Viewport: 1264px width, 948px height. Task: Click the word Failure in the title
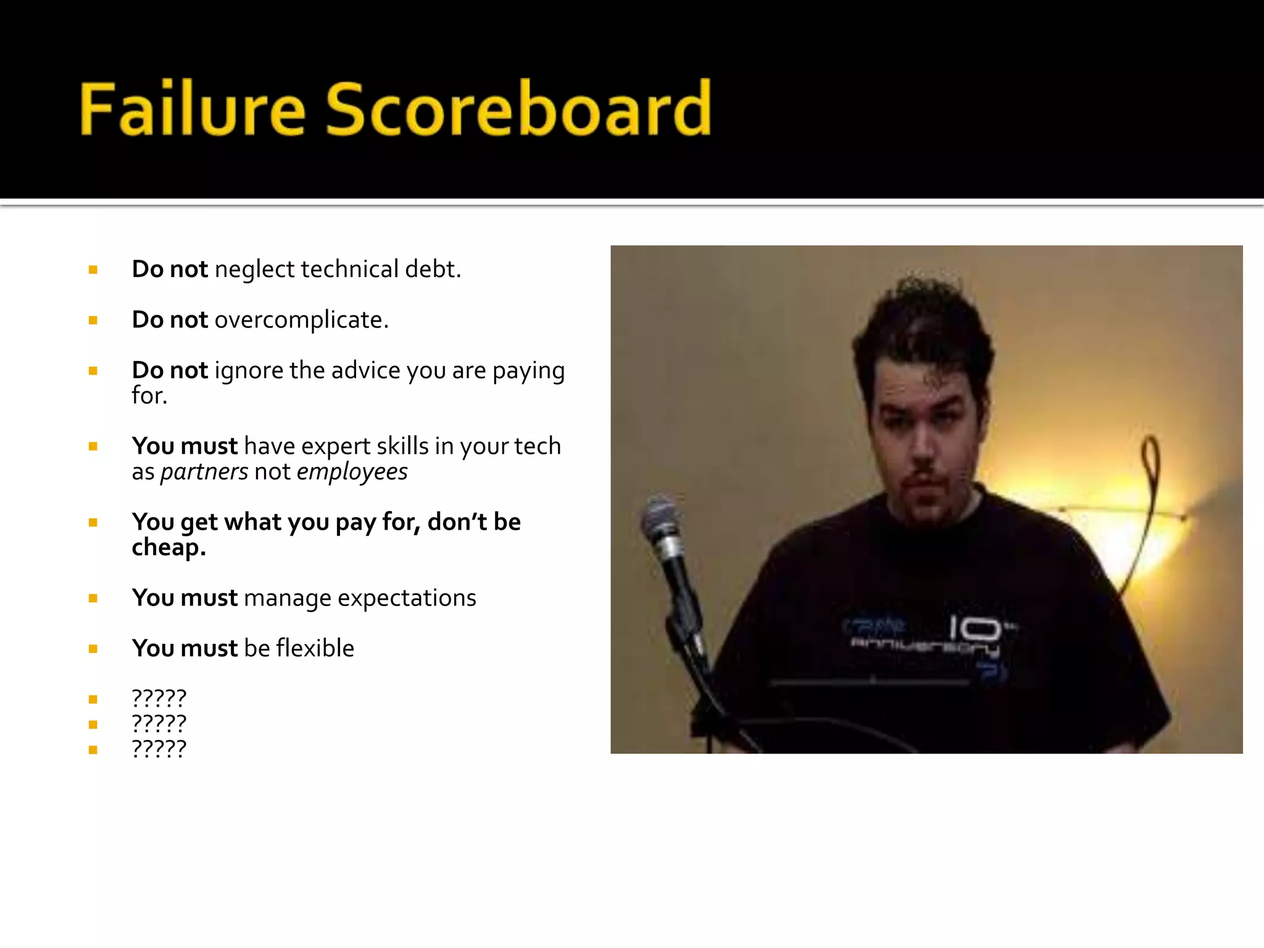coord(192,109)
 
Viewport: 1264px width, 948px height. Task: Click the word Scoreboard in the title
coord(518,109)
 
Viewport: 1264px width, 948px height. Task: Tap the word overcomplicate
coord(301,320)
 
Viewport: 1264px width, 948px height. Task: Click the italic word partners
coord(204,472)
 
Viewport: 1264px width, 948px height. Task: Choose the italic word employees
coord(352,472)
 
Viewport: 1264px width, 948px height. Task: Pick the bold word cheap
coord(168,547)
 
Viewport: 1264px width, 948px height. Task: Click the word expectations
coord(407,598)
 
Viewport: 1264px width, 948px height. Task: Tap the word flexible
coord(315,649)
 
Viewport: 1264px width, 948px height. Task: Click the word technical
coord(349,270)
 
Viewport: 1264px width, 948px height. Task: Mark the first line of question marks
coord(159,699)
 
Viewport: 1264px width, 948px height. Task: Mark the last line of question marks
coord(159,749)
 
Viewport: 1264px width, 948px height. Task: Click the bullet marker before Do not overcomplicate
coord(93,320)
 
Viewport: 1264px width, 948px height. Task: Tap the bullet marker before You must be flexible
coord(93,649)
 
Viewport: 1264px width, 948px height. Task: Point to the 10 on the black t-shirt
coord(975,628)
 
